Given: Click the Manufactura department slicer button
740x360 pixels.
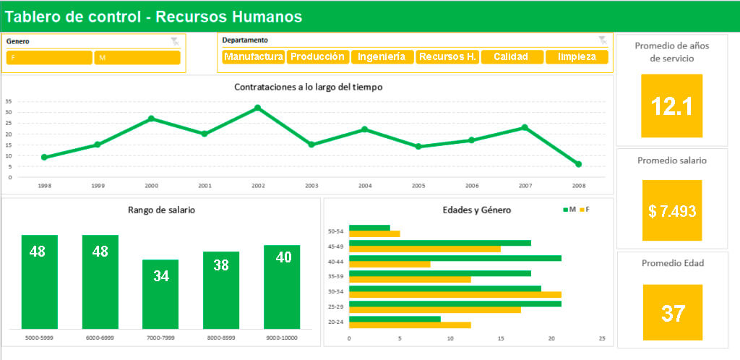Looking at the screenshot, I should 253,57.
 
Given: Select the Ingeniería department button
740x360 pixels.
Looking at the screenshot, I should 382,57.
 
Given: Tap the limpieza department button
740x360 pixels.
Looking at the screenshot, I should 576,57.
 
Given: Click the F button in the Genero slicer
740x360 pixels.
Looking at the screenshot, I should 49,58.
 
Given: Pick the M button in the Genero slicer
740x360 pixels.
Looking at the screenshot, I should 137,58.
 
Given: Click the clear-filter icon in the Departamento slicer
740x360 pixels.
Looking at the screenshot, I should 603,40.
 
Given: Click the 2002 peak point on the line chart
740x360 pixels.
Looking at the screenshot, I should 257,108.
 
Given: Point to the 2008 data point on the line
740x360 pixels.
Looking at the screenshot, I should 578,164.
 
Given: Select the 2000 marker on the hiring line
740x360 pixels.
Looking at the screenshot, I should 151,119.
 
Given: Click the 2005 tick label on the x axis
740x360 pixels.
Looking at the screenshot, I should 418,186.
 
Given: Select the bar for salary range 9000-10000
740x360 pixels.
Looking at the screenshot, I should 282,286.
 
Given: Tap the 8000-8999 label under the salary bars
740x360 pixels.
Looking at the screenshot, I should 221,338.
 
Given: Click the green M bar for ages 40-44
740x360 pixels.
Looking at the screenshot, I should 455,257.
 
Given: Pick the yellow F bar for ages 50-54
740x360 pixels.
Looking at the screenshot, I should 374,234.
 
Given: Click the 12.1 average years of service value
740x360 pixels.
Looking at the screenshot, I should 671,106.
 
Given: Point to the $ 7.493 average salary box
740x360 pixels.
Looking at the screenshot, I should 671,210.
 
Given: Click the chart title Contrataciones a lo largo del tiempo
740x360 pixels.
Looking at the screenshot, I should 308,87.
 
